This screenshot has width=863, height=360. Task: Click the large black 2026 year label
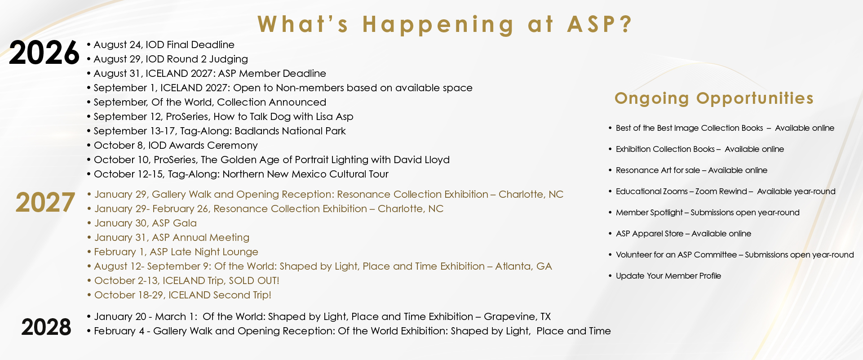click(x=44, y=53)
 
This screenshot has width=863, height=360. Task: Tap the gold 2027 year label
click(x=45, y=203)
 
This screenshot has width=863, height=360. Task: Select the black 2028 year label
click(x=46, y=327)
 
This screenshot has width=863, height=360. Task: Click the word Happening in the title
click(x=438, y=24)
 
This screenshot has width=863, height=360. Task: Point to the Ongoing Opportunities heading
click(x=714, y=98)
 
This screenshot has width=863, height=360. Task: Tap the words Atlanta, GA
click(x=523, y=266)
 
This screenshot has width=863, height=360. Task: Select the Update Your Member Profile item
click(x=668, y=276)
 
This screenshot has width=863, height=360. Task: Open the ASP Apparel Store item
click(x=683, y=234)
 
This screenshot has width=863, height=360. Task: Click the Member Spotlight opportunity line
click(x=708, y=213)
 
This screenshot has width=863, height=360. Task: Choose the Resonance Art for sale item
click(x=691, y=170)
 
